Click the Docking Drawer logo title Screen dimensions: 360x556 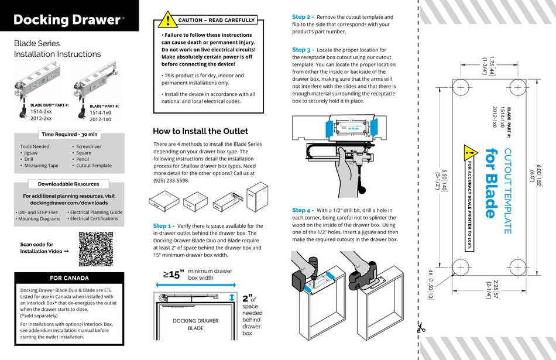click(x=66, y=19)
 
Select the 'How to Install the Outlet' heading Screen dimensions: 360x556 click(x=200, y=131)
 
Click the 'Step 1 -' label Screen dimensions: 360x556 click(x=163, y=225)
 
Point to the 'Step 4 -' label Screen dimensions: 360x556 click(x=303, y=210)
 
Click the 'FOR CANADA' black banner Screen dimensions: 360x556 click(x=69, y=278)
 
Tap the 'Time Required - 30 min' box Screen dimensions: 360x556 click(x=69, y=135)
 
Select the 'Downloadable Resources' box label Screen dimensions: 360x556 click(x=69, y=184)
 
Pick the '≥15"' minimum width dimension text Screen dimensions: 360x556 click(x=173, y=273)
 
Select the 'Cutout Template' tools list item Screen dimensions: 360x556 click(x=94, y=166)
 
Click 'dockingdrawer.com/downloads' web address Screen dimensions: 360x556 click(x=69, y=203)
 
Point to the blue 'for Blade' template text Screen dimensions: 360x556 click(x=491, y=182)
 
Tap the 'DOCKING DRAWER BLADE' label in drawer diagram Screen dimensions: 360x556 click(x=195, y=325)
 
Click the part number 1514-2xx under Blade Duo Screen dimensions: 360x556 click(x=41, y=111)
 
